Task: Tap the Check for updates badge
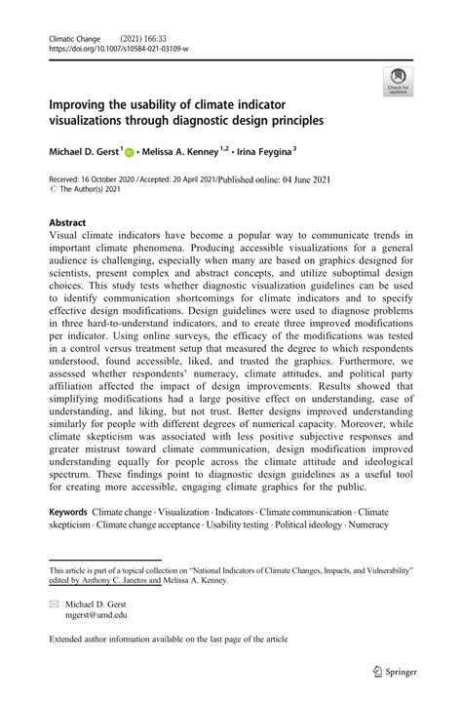(398, 81)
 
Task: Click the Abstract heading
(68, 221)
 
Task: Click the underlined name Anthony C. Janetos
(126, 579)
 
